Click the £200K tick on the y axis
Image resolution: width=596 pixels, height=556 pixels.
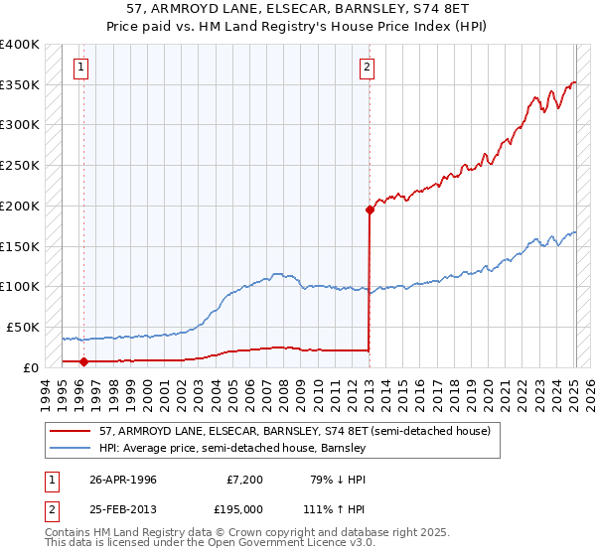[x=20, y=206]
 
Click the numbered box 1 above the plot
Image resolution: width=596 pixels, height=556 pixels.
[x=80, y=68]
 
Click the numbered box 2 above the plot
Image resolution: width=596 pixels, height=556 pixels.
[x=367, y=68]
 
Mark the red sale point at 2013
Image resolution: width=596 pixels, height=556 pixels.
[x=370, y=209]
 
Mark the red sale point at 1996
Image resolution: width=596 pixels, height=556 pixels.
[x=83, y=363]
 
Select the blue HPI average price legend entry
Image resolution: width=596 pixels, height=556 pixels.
[x=232, y=449]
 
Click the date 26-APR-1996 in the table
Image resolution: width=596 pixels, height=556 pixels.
[x=123, y=480]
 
